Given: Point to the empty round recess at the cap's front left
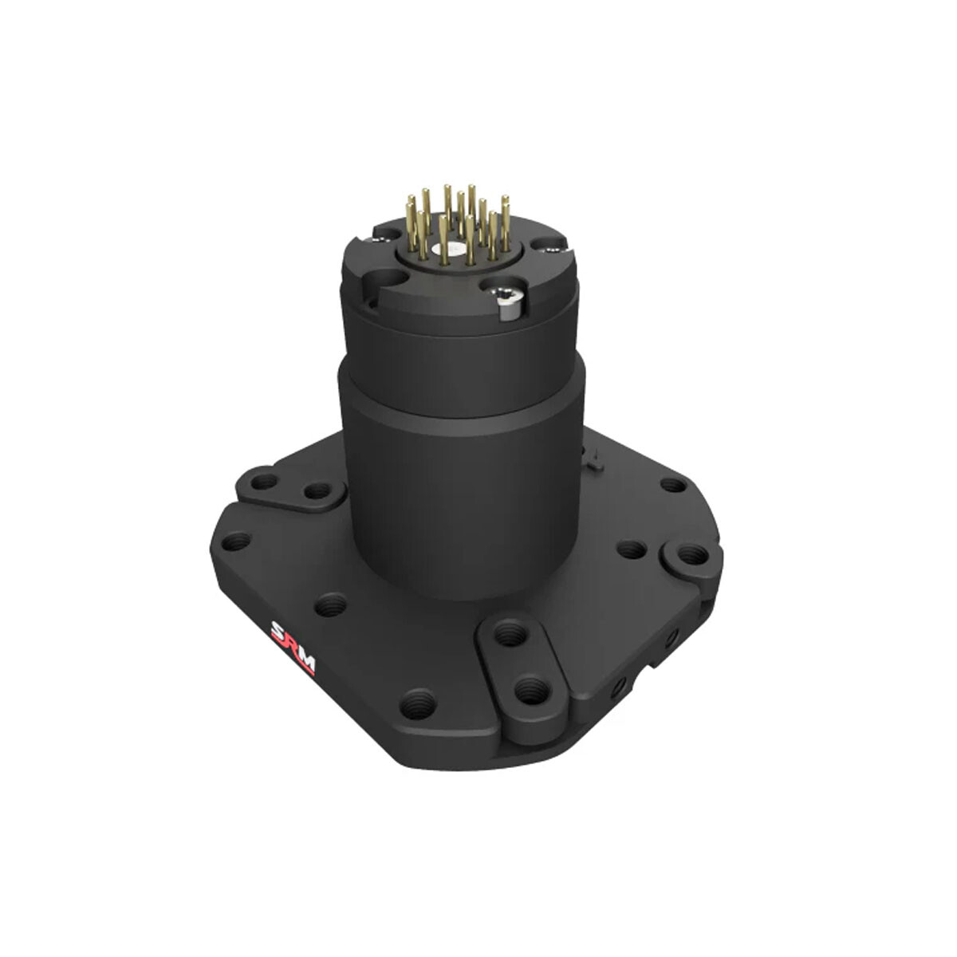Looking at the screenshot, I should (x=390, y=278).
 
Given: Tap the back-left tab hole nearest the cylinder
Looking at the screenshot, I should (x=317, y=490).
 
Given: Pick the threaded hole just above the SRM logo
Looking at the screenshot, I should (x=330, y=606).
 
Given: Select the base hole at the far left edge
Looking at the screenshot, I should (x=235, y=542).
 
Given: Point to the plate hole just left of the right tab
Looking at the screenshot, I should (x=631, y=549).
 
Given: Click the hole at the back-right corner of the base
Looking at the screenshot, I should (x=672, y=484).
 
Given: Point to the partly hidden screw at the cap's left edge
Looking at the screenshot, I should (x=386, y=234).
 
